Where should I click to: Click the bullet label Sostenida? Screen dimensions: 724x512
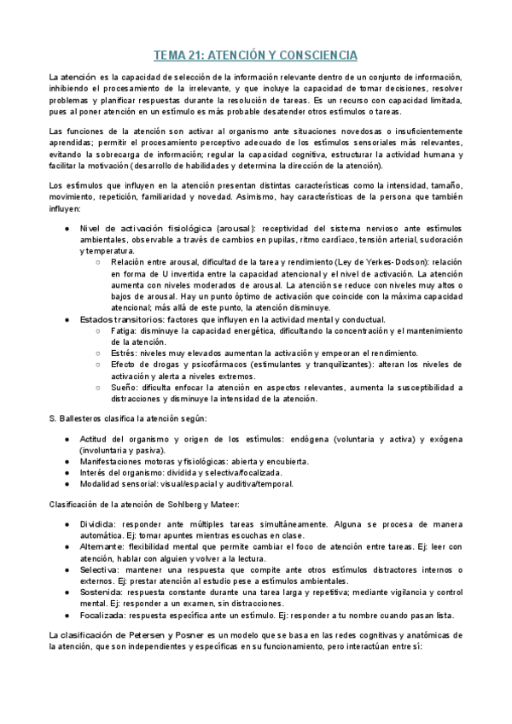[x=103, y=590]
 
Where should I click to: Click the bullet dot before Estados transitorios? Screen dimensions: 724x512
[x=67, y=319]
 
